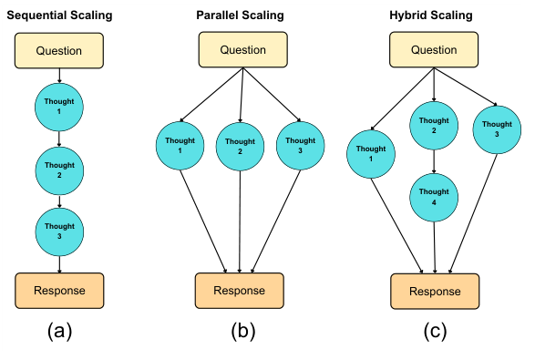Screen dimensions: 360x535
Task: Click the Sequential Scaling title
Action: pos(59,16)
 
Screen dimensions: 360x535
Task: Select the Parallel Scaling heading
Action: pos(241,16)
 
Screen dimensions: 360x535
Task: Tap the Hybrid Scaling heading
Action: pos(435,16)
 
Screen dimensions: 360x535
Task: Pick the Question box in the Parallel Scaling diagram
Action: pos(242,50)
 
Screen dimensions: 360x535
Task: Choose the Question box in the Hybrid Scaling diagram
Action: pos(435,50)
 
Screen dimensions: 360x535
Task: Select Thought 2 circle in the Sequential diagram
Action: pos(59,170)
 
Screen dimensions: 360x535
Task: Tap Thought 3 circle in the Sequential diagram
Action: pos(59,231)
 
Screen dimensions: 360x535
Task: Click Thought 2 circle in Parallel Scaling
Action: pos(241,146)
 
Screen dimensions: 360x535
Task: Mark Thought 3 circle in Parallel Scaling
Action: pos(301,146)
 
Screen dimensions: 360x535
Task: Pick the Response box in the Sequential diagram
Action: pos(59,290)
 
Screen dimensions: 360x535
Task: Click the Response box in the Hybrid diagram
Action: pos(435,292)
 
